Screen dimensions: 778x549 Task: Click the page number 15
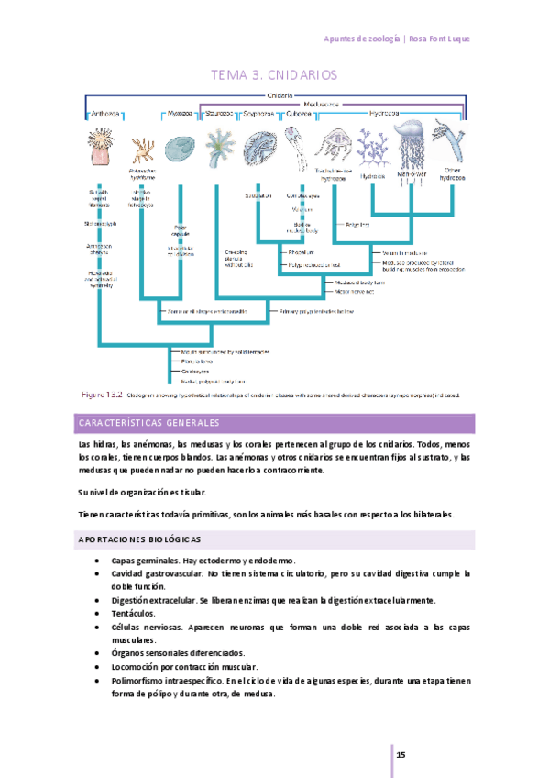pos(401,754)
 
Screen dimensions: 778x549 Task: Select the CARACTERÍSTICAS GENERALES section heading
pos(147,424)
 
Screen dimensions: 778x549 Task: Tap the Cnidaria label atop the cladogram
pos(280,94)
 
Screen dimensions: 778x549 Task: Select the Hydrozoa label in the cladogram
pos(382,114)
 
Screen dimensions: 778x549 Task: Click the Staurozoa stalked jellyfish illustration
pos(218,147)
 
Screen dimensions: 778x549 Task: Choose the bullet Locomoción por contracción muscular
pos(184,667)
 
